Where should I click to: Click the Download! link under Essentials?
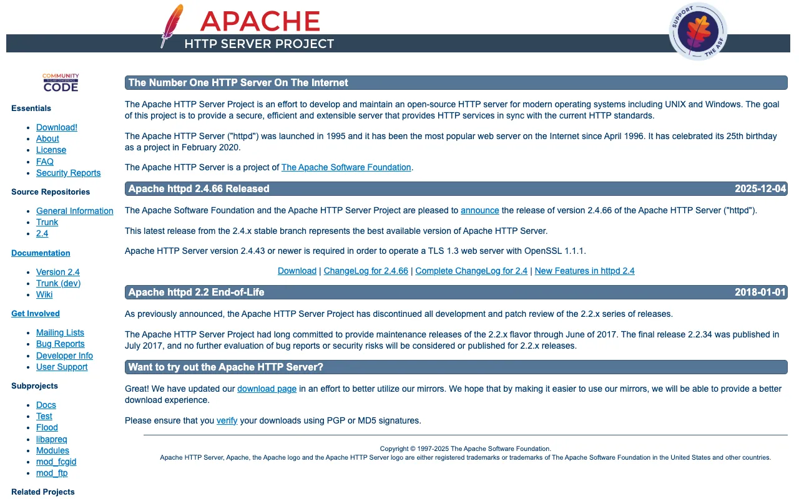tap(57, 127)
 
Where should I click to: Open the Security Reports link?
tap(68, 173)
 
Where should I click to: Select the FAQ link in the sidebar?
tap(45, 162)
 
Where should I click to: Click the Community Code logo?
tap(61, 82)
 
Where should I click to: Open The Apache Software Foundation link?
tap(346, 167)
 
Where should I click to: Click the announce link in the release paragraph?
tap(479, 210)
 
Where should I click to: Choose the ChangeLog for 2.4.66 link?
tap(366, 271)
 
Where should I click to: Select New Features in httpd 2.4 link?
tap(584, 271)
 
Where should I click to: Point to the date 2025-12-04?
tap(760, 188)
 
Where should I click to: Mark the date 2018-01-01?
tap(760, 292)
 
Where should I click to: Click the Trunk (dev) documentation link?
tap(58, 283)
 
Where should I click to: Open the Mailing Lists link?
tap(60, 332)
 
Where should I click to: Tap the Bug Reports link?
tap(60, 344)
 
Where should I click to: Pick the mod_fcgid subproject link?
tap(56, 462)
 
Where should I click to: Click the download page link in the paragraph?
tap(267, 389)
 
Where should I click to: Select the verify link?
tap(227, 420)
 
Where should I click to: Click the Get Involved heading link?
tap(36, 313)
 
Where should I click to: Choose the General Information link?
tap(75, 211)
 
